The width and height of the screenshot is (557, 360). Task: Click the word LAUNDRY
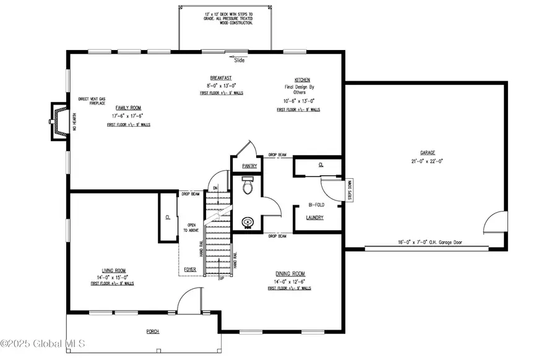click(x=316, y=217)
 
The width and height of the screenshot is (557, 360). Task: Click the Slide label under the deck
click(x=239, y=61)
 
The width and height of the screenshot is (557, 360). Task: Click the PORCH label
click(x=152, y=331)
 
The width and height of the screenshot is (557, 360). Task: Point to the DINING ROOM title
click(x=290, y=273)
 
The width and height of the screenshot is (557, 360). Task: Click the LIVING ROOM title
click(x=114, y=270)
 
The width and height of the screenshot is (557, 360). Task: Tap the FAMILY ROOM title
click(x=128, y=108)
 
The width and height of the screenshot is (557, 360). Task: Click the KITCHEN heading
click(x=302, y=80)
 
